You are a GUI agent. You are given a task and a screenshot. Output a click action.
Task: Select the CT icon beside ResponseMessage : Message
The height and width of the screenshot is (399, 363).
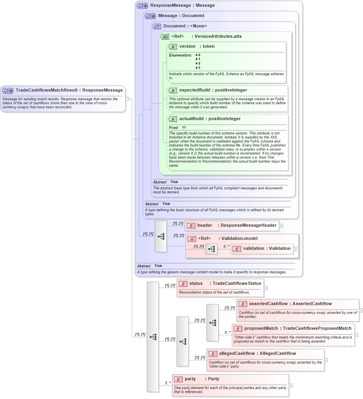tap(142, 6)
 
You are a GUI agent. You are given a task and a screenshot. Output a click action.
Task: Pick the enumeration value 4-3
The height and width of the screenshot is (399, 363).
tap(198, 68)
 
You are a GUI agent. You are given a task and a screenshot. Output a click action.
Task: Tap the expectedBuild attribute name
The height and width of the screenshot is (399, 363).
tap(194, 90)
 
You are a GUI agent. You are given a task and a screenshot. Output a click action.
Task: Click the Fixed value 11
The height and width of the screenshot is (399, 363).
tap(184, 127)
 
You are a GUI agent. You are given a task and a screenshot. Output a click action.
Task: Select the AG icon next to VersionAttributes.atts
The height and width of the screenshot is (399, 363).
tap(164, 37)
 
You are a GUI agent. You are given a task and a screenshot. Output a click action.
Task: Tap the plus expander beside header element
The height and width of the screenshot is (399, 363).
tap(281, 226)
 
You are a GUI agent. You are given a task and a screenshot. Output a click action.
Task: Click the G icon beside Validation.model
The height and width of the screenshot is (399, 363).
tap(191, 239)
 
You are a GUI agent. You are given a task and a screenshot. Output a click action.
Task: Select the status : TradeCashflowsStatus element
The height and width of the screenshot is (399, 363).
tap(220, 284)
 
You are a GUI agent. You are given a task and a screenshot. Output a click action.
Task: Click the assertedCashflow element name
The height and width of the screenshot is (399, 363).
tap(268, 304)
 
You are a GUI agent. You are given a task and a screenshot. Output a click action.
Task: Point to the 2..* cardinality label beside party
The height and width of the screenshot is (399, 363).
tap(168, 383)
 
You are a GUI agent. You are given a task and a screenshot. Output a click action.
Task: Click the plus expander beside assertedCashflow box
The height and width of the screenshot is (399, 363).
tap(361, 310)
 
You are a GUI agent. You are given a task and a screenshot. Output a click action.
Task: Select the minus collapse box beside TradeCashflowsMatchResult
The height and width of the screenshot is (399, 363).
tap(127, 99)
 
